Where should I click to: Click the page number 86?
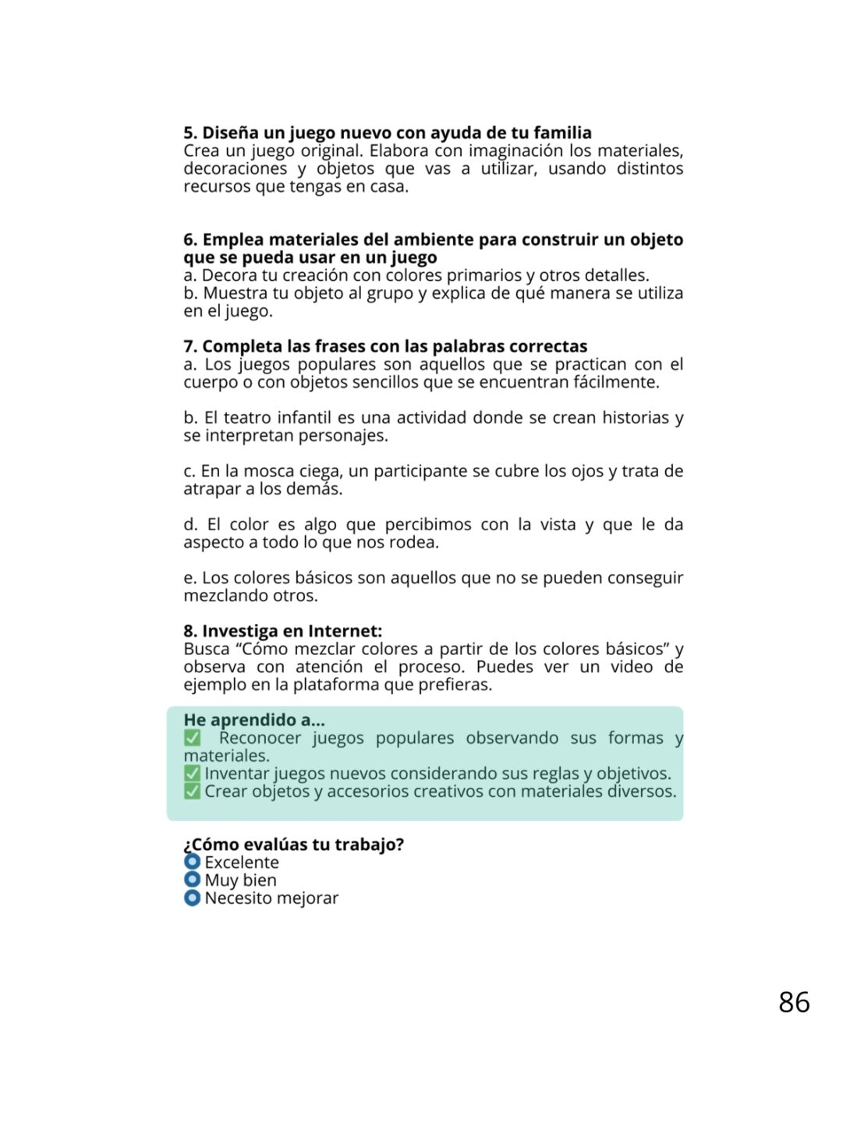[794, 1002]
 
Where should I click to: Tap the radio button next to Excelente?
[192, 862]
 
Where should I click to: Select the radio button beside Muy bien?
[192, 880]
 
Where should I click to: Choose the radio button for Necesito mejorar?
[192, 898]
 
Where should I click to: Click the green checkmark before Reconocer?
[192, 738]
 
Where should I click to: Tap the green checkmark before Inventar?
[192, 774]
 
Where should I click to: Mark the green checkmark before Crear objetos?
[192, 792]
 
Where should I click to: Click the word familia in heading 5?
[562, 133]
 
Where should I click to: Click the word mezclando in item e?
[222, 596]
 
